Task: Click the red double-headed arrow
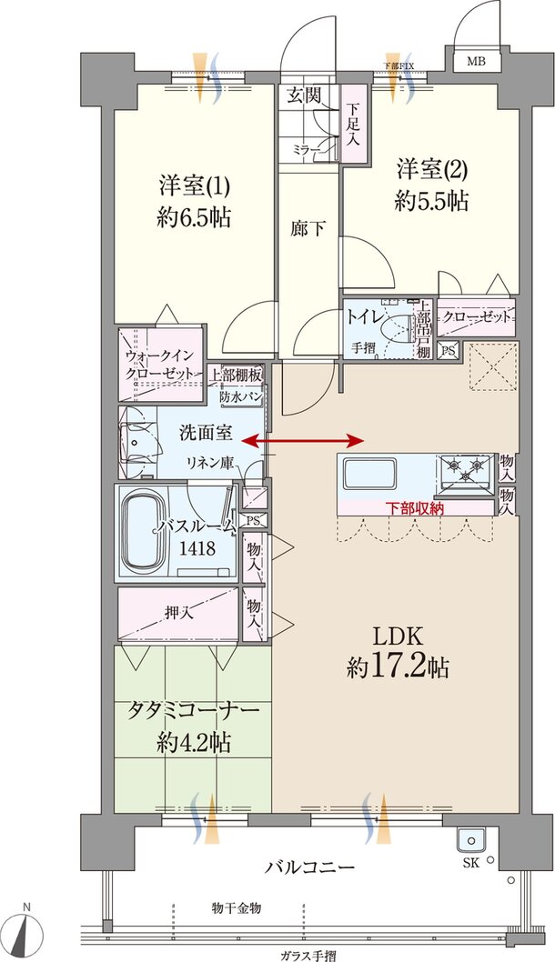[x=304, y=441]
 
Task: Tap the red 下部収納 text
[x=414, y=508]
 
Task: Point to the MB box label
[x=476, y=62]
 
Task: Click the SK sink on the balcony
[x=471, y=840]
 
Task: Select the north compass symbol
[x=29, y=930]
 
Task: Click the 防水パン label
[x=241, y=397]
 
